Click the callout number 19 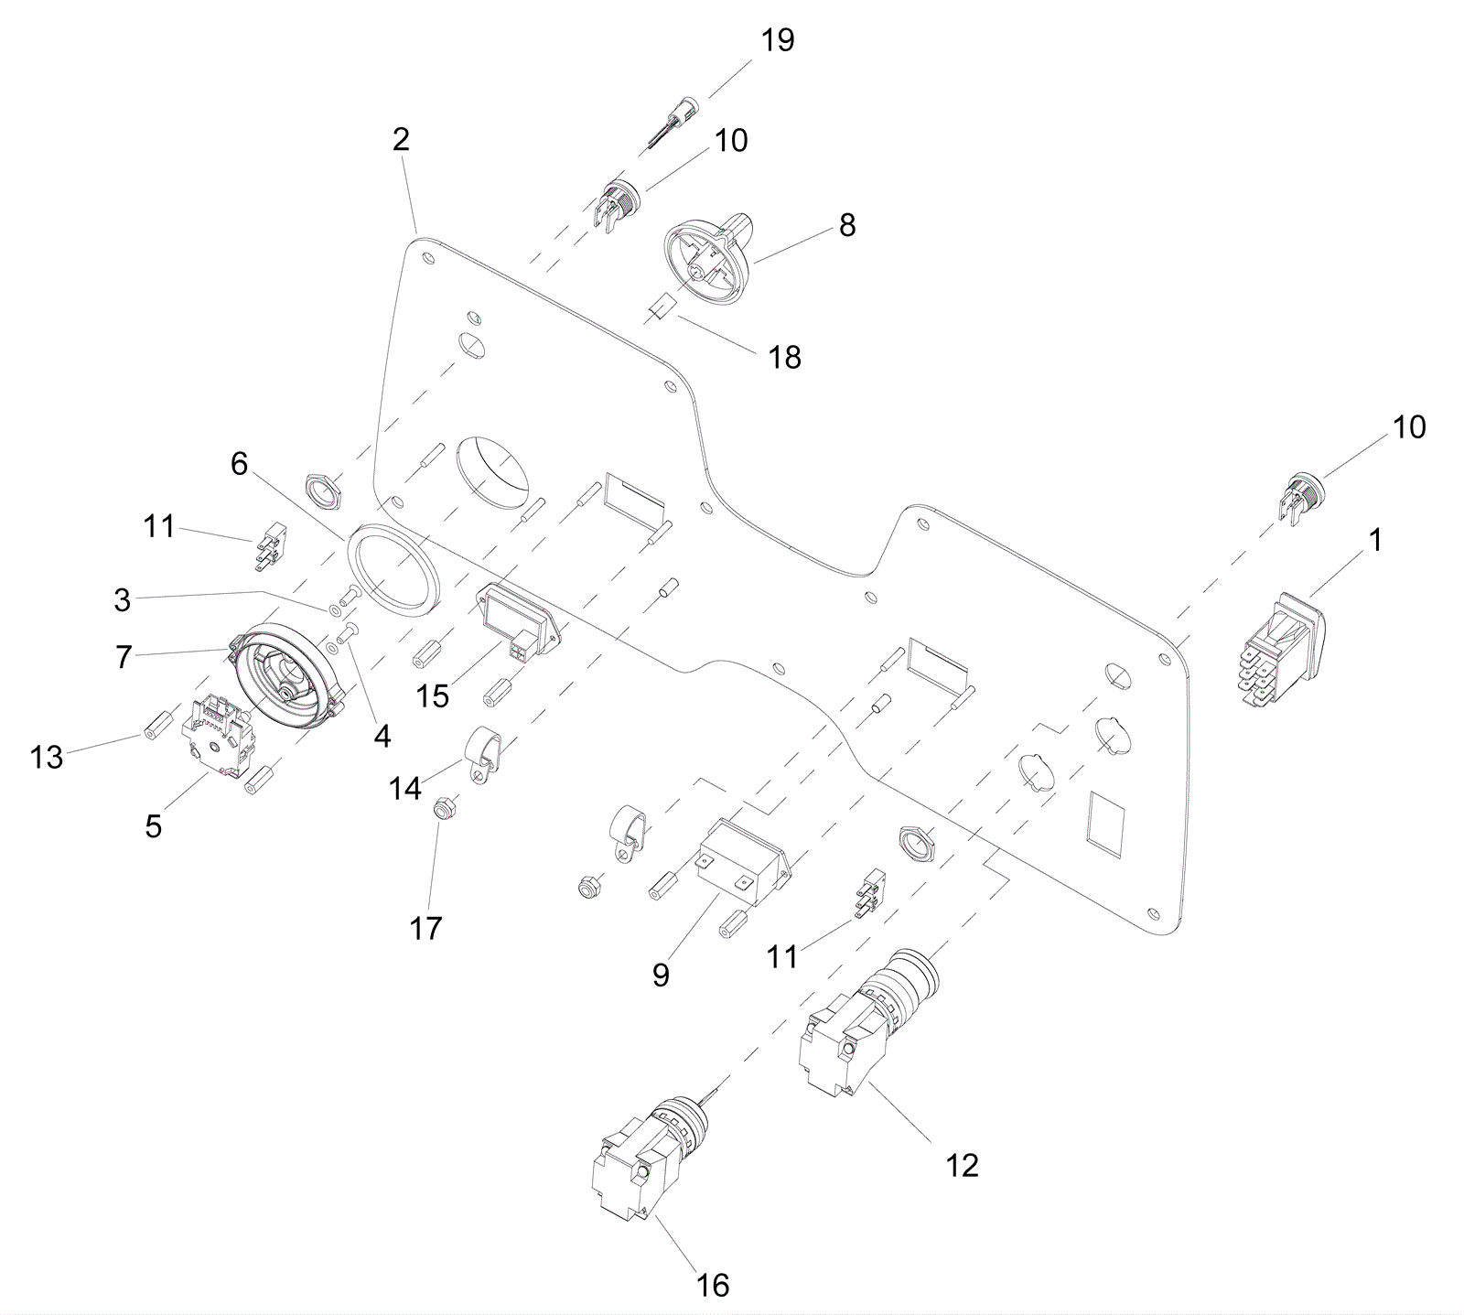click(778, 41)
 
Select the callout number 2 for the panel click(401, 140)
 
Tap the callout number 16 click(713, 1285)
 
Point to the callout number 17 click(426, 929)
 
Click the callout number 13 click(48, 758)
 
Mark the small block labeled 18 click(660, 309)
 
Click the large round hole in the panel click(492, 469)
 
